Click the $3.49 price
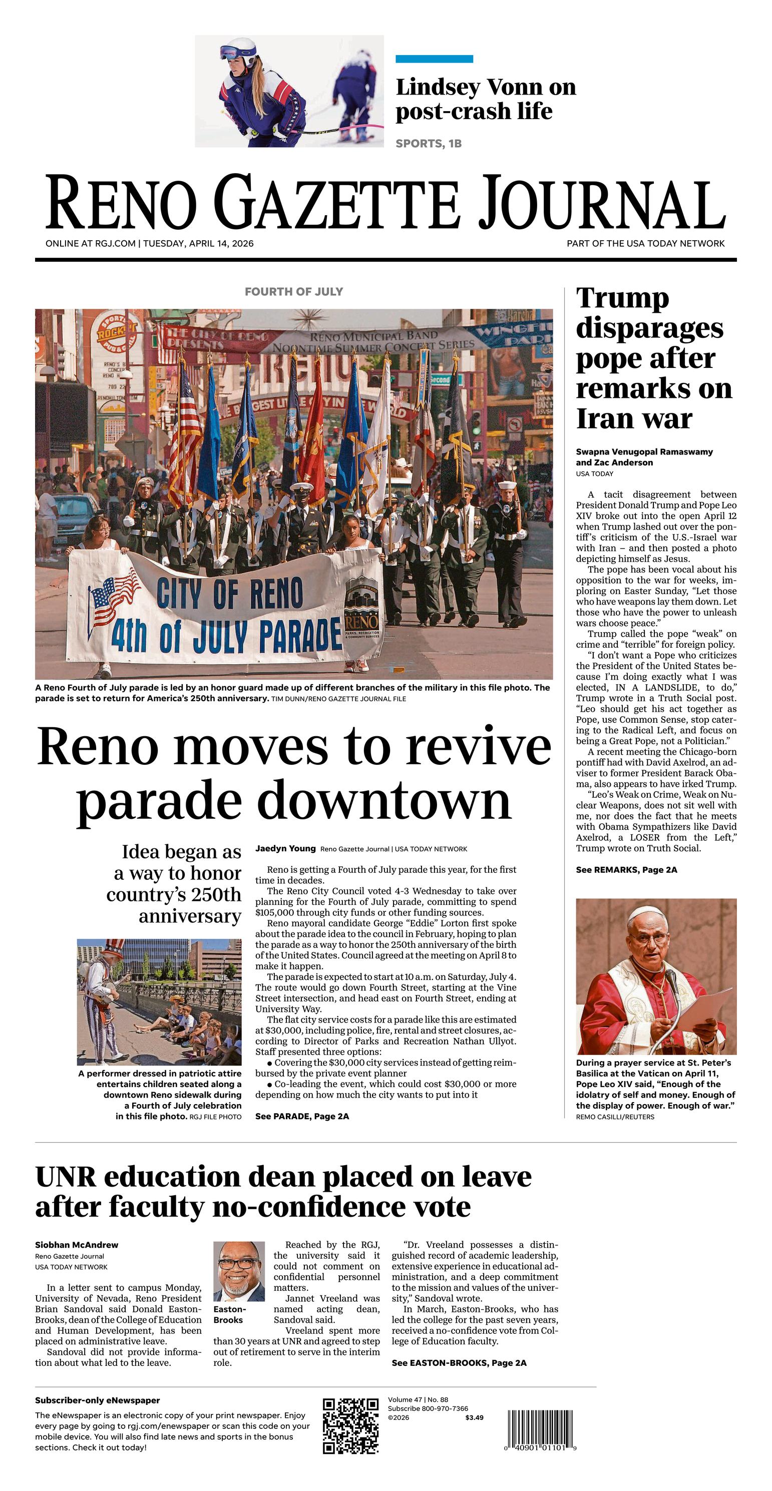[x=474, y=1417]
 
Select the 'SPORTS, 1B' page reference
[x=429, y=144]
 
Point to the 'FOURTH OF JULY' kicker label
[x=293, y=292]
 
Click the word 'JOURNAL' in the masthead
[x=602, y=203]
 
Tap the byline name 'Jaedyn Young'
[x=285, y=848]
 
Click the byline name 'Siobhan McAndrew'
[x=77, y=1245]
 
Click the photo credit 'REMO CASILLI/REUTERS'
[x=615, y=1117]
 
